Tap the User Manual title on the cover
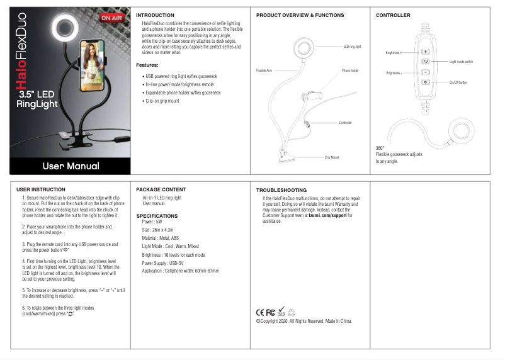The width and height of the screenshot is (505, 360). click(x=71, y=166)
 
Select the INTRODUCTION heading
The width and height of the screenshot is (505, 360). click(x=155, y=14)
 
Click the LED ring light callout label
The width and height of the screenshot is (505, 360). click(x=352, y=47)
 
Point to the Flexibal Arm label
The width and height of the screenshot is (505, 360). click(x=264, y=70)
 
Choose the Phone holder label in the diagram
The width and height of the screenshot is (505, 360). click(x=350, y=70)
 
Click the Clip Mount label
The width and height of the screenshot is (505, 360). click(x=332, y=157)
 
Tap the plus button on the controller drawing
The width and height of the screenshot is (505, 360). click(x=426, y=52)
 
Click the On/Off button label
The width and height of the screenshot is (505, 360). click(x=458, y=82)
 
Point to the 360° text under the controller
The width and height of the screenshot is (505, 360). click(x=380, y=148)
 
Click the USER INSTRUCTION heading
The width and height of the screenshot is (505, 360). click(x=40, y=189)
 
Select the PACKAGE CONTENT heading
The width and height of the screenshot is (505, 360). click(x=161, y=189)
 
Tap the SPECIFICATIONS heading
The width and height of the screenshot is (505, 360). click(x=157, y=216)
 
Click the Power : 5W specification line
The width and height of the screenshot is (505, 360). click(x=152, y=222)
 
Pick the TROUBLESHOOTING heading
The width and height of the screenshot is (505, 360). click(x=281, y=189)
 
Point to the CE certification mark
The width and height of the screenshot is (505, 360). click(x=260, y=312)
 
